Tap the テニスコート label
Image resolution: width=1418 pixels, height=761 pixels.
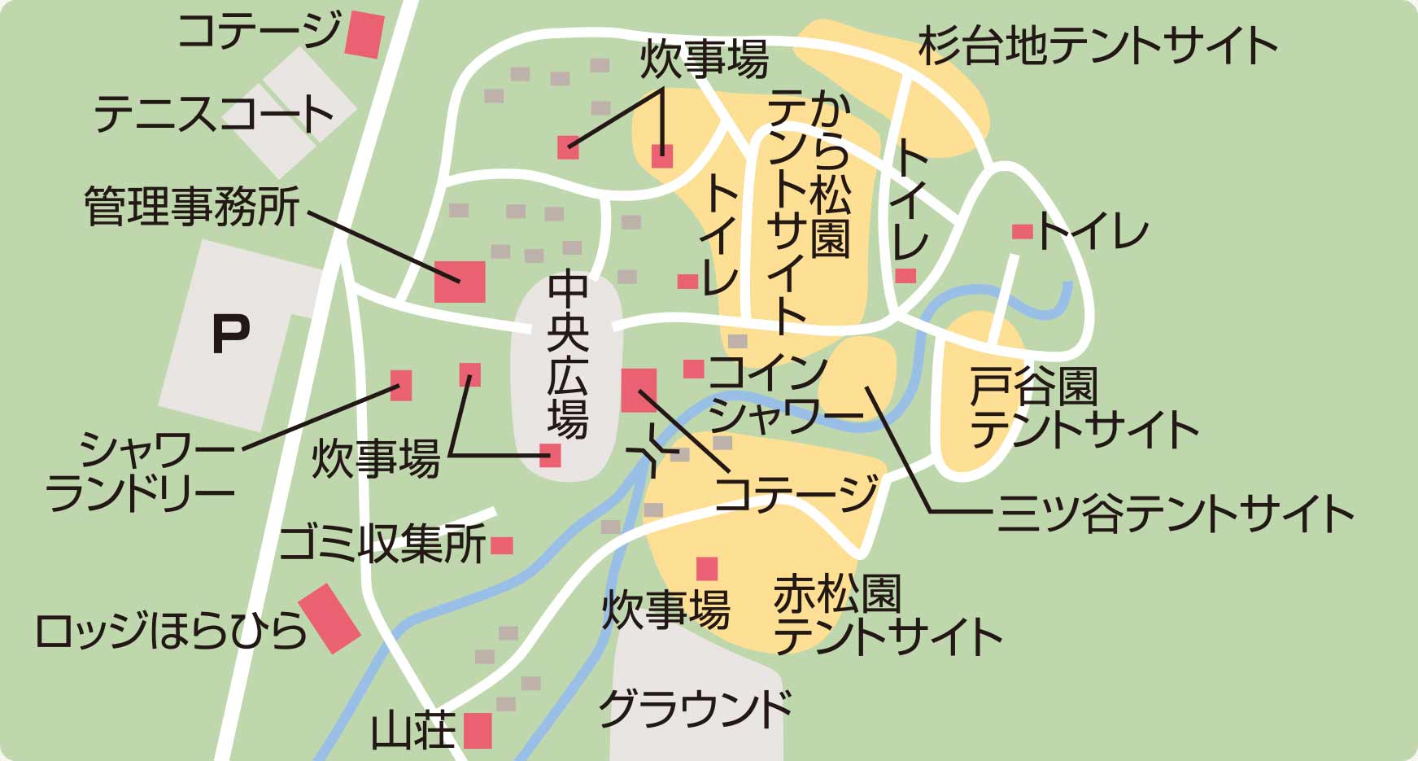pos(213,115)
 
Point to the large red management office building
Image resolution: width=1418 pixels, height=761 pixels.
pos(460,282)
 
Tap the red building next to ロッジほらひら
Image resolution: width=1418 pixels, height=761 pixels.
pos(329,618)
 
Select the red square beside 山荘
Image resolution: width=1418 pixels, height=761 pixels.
pos(478,730)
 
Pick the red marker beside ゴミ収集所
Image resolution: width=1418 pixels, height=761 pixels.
pos(502,545)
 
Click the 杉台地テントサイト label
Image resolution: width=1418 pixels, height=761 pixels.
pos(1097,46)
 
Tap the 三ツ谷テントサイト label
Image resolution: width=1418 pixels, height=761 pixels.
pos(1175,514)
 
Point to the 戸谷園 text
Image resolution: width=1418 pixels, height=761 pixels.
pos(1034,387)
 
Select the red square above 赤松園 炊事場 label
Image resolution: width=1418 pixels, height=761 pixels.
pos(707,568)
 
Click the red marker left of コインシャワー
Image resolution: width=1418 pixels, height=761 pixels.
pos(693,369)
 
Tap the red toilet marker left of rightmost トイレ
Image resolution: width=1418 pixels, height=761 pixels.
pos(1022,231)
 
